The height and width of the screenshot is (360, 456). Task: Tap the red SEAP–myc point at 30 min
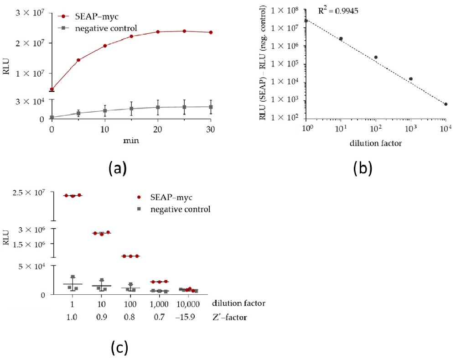211,32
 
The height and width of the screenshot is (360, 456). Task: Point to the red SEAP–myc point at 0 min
52,89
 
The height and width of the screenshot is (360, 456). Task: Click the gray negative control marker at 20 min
158,107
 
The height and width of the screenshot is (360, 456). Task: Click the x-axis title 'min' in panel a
131,141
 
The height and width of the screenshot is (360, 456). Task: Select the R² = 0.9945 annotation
338,10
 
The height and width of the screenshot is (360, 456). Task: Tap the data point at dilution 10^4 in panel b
446,104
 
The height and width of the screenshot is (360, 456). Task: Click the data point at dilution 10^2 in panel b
376,57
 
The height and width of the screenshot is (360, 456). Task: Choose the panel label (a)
117,169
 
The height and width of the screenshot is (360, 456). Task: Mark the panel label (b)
363,169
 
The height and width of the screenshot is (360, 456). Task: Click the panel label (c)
119,348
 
